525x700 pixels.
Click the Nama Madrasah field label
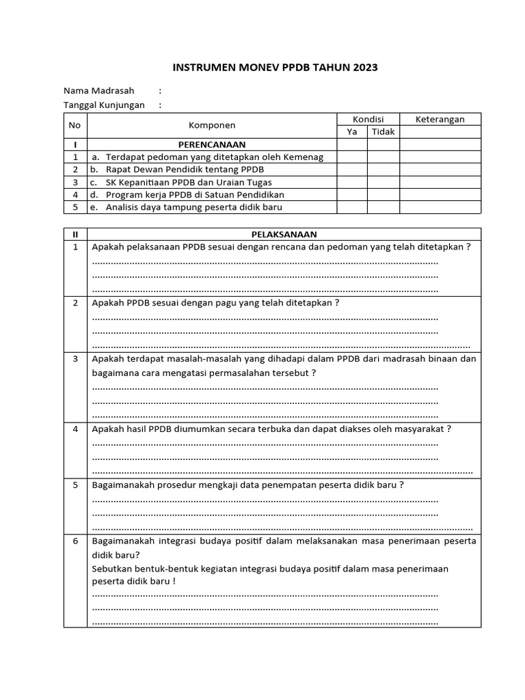coord(99,90)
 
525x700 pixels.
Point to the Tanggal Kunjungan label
coord(104,105)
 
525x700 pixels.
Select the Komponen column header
coord(212,125)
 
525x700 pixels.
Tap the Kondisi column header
coord(368,119)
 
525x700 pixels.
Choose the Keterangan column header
coord(440,119)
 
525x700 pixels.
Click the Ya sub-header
coord(351,132)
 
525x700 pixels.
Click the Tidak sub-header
coord(383,132)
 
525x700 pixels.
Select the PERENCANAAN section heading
coord(212,144)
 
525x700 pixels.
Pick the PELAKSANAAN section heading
coord(284,234)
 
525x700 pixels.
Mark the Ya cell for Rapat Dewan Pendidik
coord(351,170)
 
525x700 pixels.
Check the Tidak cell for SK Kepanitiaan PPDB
coord(383,182)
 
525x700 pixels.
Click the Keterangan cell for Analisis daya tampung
coord(440,207)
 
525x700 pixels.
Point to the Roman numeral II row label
coord(75,234)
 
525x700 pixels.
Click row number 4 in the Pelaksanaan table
coord(75,429)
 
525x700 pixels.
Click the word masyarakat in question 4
coord(421,429)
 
